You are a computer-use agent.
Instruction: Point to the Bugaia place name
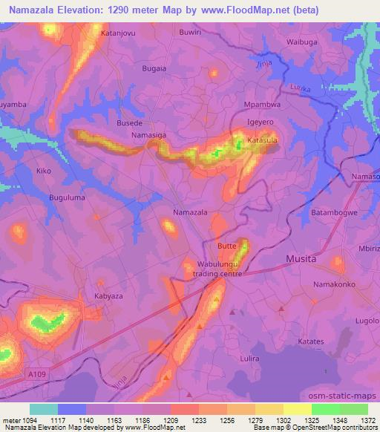coord(154,68)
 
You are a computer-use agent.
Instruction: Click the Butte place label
coord(226,245)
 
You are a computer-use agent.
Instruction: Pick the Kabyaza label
coord(108,295)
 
